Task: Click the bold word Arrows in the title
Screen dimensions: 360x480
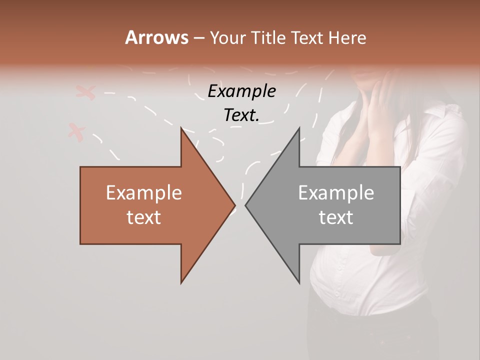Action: coord(156,37)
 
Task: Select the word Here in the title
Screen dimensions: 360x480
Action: coord(348,37)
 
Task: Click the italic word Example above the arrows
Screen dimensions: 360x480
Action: coord(241,91)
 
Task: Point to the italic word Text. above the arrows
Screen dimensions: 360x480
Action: coord(241,115)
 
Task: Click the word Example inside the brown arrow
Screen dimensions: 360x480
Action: coord(144,193)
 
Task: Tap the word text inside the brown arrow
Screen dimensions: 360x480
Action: coord(144,217)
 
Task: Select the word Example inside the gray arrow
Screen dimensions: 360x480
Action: coord(336,193)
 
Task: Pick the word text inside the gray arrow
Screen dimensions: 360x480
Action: coord(336,217)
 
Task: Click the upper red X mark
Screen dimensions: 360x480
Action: coord(85,92)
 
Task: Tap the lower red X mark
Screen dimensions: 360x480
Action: coord(76,132)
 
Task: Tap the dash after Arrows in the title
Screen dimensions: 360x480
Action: coord(198,38)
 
